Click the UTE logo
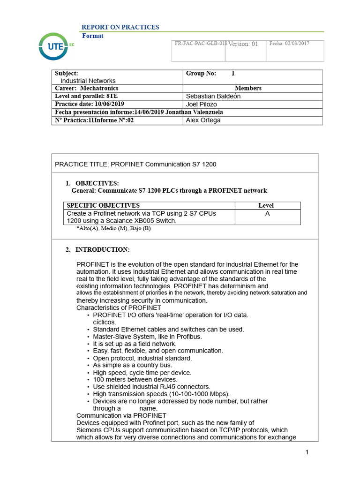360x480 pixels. [54, 47]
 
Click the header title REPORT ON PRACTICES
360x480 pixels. [120, 27]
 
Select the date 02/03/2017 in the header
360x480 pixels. [289, 44]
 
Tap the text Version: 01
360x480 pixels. [243, 44]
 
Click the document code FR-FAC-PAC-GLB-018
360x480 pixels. [200, 43]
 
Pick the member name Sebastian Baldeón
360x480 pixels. [213, 96]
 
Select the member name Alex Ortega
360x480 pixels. [203, 120]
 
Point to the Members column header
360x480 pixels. [248, 88]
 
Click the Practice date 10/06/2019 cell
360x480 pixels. [90, 104]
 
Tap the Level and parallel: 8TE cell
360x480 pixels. [86, 96]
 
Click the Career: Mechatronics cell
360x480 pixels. [87, 88]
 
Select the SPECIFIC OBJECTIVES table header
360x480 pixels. [103, 205]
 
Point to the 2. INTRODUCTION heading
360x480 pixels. [98, 249]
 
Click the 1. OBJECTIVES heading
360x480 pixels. [92, 183]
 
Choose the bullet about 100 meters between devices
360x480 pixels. [135, 380]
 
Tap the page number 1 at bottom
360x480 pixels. [307, 452]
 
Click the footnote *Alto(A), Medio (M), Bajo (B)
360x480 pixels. [113, 228]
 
